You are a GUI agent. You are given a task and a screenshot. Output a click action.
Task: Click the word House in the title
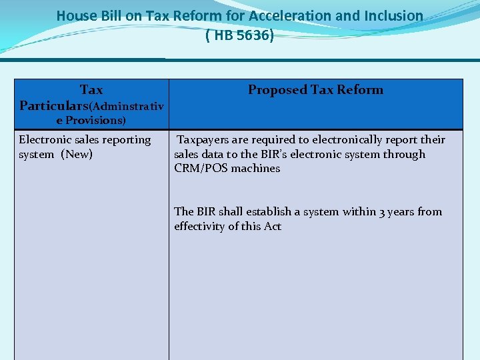[75, 15]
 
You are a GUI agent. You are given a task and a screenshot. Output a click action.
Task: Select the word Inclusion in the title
[393, 15]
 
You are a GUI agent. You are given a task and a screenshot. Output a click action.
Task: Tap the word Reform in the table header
[360, 90]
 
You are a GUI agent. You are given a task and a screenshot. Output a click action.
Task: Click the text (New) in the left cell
[77, 155]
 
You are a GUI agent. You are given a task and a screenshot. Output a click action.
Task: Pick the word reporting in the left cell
[126, 140]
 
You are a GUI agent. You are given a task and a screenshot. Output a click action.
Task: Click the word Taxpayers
[205, 140]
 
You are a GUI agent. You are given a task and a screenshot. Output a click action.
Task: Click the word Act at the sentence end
[272, 227]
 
